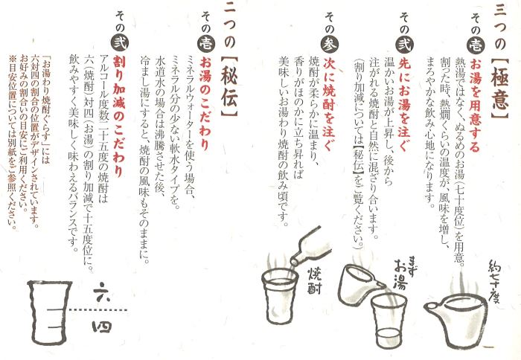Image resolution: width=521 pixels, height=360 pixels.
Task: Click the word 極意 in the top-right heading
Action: pos(499,89)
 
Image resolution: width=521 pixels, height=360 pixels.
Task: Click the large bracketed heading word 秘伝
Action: pos(229,87)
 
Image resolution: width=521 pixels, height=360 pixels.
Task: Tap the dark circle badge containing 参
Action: pos(329,44)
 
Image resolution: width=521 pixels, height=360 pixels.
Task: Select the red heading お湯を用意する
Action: pos(475,106)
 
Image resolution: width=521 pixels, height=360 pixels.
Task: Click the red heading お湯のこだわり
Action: pos(205,103)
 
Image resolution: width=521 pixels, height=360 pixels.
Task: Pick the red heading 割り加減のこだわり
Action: pos(118,116)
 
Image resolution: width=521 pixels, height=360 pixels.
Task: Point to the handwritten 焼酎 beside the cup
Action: pos(313,280)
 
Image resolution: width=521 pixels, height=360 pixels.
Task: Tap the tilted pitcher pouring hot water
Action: pos(359,285)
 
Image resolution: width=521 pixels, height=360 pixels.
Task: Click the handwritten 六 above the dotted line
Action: pos(102,292)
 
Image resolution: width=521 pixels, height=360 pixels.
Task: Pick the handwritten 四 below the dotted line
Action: pos(102,327)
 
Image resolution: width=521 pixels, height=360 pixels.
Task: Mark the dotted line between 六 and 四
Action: pos(98,310)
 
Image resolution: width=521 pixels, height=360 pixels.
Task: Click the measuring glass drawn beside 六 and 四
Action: pos(50,313)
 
